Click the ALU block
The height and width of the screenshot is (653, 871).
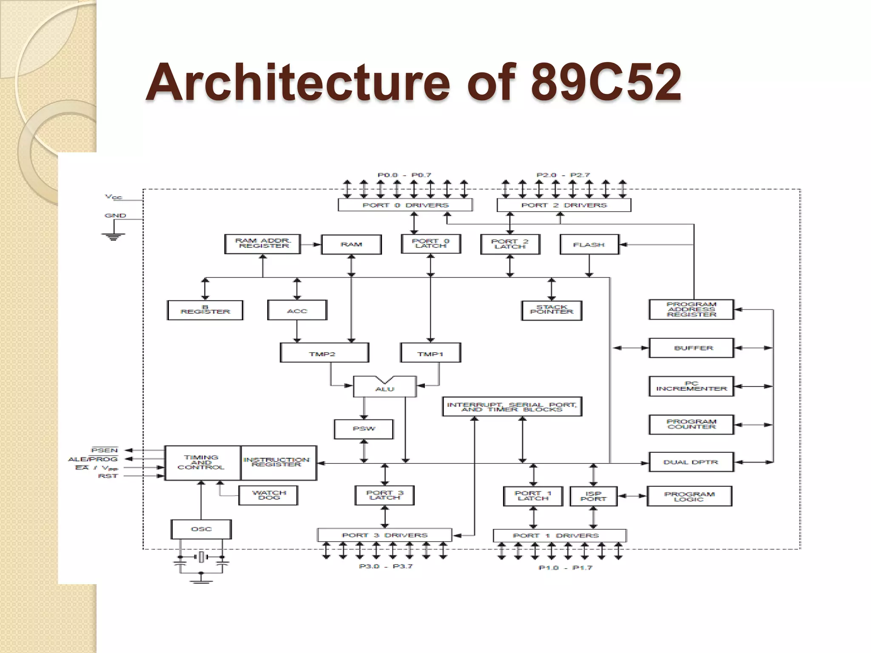384,387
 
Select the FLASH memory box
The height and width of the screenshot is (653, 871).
589,244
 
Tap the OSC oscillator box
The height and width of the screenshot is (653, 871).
201,529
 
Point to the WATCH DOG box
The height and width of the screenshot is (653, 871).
269,495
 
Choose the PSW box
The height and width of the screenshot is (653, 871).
364,429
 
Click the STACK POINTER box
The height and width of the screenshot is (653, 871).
552,310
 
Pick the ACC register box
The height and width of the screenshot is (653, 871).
297,310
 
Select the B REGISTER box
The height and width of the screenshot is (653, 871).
205,310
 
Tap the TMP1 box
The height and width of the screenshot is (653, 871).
430,353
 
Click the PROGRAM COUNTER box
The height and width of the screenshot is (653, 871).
691,425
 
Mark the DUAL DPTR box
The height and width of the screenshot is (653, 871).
691,462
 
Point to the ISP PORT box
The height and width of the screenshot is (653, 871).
593,496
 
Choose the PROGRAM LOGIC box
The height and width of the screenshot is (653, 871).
689,496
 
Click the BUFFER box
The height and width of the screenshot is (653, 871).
691,348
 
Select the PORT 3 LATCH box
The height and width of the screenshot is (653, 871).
384,495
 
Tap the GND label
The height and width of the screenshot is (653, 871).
115,216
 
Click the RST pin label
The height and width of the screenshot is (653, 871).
108,476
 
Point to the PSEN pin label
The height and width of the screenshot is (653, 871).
105,450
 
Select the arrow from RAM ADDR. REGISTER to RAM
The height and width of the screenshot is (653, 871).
311,244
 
